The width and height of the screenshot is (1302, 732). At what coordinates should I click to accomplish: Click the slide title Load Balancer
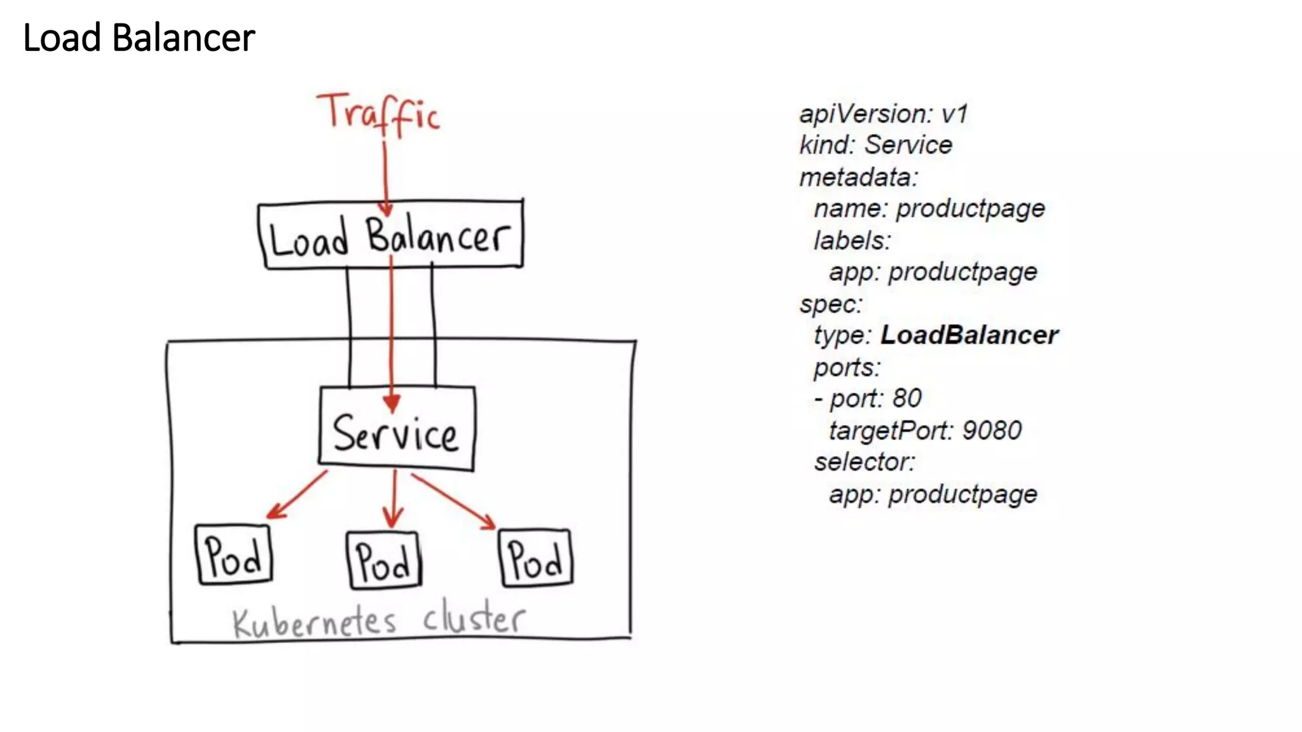coord(139,37)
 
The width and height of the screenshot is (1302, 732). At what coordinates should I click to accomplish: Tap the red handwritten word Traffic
coord(379,114)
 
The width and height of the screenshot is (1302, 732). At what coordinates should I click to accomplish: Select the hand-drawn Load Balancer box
coord(390,235)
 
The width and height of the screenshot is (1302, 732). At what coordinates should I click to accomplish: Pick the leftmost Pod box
coord(234,555)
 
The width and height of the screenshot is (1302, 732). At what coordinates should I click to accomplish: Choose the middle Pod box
coord(384,560)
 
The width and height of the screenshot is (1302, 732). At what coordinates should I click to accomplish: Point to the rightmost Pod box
coord(536,558)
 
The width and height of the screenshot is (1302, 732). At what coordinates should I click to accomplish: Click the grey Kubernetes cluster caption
coord(379,621)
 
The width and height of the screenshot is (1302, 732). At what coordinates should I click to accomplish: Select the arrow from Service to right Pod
coord(453,501)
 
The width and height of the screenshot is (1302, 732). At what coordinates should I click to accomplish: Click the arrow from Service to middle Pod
coord(394,499)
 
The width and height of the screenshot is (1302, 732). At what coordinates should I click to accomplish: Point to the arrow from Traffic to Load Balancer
coord(385,178)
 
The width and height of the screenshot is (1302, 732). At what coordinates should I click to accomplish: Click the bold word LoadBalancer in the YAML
coord(969,335)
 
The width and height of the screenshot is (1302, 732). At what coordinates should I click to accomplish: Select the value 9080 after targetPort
coord(992,431)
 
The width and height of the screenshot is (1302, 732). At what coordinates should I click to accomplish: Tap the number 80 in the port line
coord(907,398)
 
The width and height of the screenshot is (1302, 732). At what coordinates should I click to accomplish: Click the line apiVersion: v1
coord(883,114)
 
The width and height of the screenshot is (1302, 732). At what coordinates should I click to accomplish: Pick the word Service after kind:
coord(908,145)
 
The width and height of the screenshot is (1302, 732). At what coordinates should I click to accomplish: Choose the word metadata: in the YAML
coord(859,177)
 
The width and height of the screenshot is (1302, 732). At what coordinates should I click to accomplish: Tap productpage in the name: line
coord(970,208)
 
